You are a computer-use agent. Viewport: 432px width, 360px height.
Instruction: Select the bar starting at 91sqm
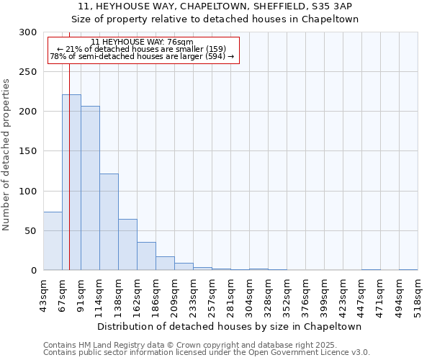[x=90, y=188]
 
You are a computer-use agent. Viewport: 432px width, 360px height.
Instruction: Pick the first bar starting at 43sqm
[x=53, y=241]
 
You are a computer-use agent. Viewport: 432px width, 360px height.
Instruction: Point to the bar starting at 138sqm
[x=127, y=245]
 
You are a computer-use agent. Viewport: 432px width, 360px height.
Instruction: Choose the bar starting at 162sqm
[x=146, y=256]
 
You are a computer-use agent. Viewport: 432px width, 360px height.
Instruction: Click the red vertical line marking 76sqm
[x=69, y=158]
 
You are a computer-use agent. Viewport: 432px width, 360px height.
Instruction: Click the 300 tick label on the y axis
[x=27, y=32]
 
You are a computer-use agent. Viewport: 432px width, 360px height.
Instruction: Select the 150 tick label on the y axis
[x=27, y=152]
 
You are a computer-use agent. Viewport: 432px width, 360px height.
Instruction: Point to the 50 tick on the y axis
[x=30, y=231]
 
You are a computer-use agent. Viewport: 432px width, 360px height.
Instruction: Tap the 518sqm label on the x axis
[x=418, y=295]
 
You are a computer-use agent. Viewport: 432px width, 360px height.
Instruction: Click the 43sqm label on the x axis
[x=44, y=295]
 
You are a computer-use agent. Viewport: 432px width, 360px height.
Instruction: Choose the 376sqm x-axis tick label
[x=306, y=295]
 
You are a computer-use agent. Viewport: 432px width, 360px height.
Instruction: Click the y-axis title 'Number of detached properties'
[x=7, y=155]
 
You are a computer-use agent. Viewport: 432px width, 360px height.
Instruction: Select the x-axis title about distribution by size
[x=230, y=326]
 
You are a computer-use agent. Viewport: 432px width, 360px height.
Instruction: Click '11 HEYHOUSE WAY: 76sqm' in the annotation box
[x=143, y=42]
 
